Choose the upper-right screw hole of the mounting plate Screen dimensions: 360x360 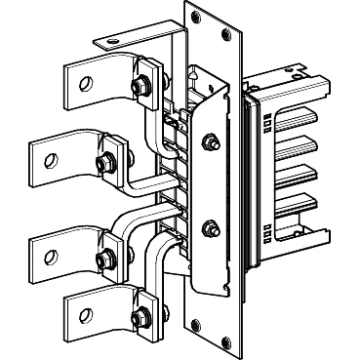[226, 32]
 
